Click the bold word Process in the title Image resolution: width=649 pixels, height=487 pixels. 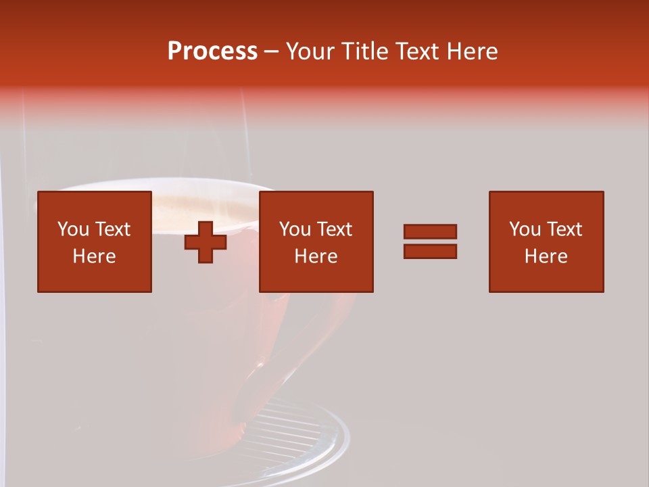click(212, 51)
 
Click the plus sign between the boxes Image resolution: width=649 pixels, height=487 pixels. click(206, 242)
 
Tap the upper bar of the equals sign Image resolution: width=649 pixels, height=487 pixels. click(430, 231)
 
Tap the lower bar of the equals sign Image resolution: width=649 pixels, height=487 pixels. click(430, 251)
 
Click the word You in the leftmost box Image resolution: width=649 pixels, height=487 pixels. click(73, 229)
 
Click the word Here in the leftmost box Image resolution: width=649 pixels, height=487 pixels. click(94, 256)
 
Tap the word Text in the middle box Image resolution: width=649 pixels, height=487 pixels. click(334, 229)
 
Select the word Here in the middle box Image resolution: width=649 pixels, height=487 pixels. click(316, 256)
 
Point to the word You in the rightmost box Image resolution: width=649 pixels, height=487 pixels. click(525, 229)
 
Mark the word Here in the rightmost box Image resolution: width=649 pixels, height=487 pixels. click(546, 256)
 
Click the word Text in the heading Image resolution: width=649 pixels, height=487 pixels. click(417, 51)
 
